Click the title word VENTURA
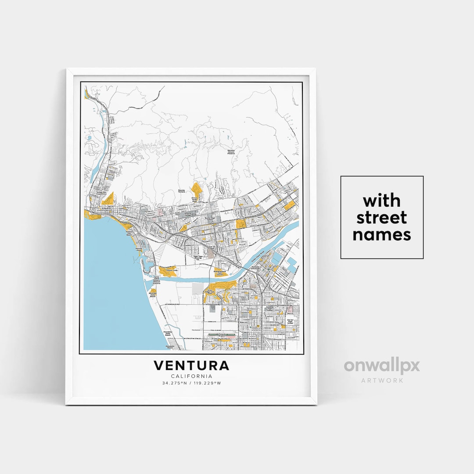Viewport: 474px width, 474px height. pos(191,366)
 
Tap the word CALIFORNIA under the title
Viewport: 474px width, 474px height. pos(191,376)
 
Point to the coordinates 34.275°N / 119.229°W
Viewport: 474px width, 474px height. pos(191,383)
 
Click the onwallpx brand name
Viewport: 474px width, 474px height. pos(381,366)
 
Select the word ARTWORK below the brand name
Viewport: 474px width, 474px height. pos(381,380)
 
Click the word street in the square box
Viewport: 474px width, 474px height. pos(381,218)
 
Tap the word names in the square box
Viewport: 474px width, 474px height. pos(381,235)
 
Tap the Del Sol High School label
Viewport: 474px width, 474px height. pos(290,321)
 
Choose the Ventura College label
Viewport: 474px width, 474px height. pos(187,214)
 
